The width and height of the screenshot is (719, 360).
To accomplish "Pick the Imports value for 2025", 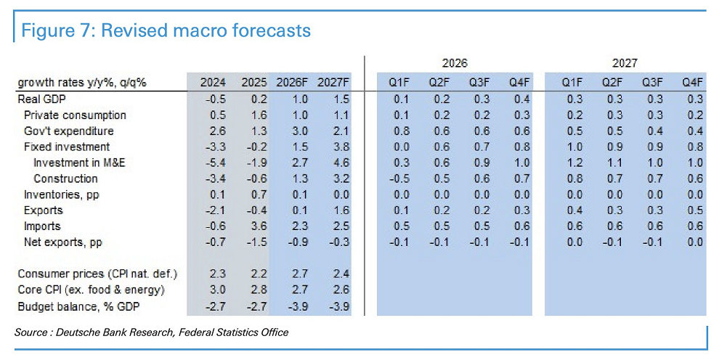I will pos(253,226).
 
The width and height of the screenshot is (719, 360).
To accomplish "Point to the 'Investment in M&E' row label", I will pos(79,163).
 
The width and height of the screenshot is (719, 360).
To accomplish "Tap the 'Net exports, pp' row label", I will pos(62,242).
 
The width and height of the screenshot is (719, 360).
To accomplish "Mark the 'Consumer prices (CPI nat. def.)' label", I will pos(97,274).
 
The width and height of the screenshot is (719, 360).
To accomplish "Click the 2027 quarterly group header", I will pos(625,64).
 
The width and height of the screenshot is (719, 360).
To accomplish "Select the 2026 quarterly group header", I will pos(456,64).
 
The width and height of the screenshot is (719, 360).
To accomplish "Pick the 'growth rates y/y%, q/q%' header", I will pos(82,83).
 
